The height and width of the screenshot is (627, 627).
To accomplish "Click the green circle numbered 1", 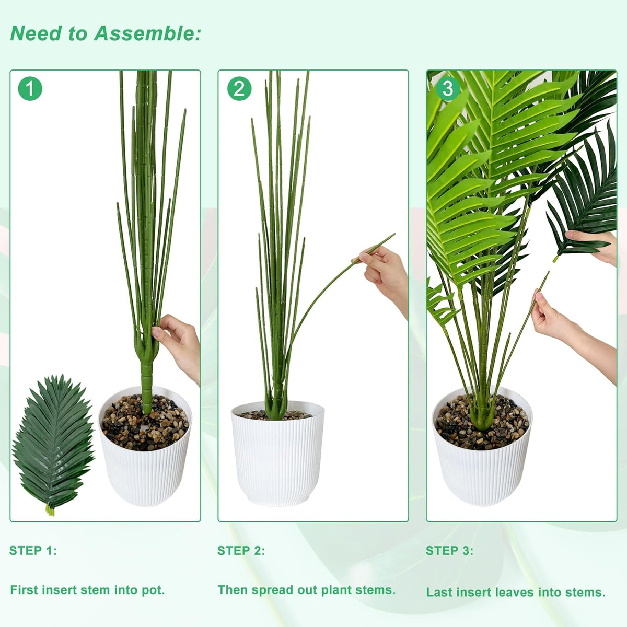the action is pyautogui.click(x=30, y=88).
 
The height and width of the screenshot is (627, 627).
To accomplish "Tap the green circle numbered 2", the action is pyautogui.click(x=239, y=88).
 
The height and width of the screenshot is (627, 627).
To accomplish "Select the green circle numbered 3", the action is pyautogui.click(x=448, y=88).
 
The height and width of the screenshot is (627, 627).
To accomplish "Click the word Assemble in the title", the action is pyautogui.click(x=147, y=33).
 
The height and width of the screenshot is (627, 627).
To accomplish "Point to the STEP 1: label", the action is pyautogui.click(x=33, y=551).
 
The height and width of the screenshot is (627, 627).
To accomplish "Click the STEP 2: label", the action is pyautogui.click(x=241, y=551).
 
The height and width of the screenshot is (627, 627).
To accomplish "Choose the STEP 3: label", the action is pyautogui.click(x=449, y=551).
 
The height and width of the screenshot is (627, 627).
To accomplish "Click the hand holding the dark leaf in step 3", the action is pyautogui.click(x=592, y=246).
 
